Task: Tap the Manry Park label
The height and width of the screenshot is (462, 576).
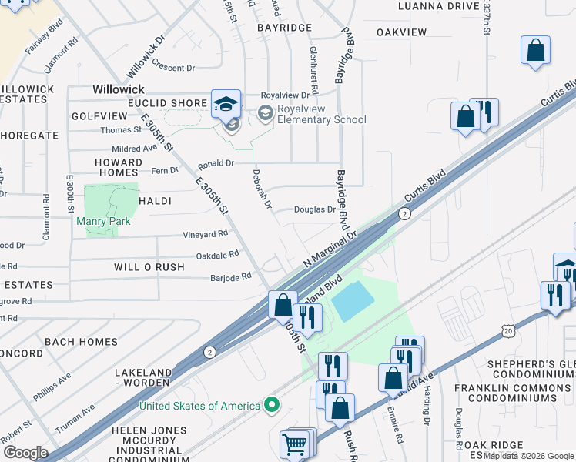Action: pyautogui.click(x=103, y=221)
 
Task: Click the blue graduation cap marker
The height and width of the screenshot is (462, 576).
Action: pyautogui.click(x=226, y=104)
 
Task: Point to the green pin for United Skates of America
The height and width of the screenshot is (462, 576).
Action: pyautogui.click(x=270, y=404)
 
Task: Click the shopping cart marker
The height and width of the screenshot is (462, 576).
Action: pyautogui.click(x=296, y=444)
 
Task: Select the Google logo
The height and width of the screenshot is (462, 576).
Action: pyautogui.click(x=25, y=452)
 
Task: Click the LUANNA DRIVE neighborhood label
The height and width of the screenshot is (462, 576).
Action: pyautogui.click(x=438, y=6)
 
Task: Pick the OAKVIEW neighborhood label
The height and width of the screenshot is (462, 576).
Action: pyautogui.click(x=401, y=32)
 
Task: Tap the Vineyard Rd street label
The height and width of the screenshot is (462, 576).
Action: pyautogui.click(x=205, y=234)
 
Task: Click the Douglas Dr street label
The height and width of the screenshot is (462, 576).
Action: pyautogui.click(x=315, y=209)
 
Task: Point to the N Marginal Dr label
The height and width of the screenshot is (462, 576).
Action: pyautogui.click(x=330, y=249)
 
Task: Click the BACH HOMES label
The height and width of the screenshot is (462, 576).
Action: pyautogui.click(x=81, y=341)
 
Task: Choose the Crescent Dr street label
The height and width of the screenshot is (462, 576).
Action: pyautogui.click(x=173, y=68)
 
